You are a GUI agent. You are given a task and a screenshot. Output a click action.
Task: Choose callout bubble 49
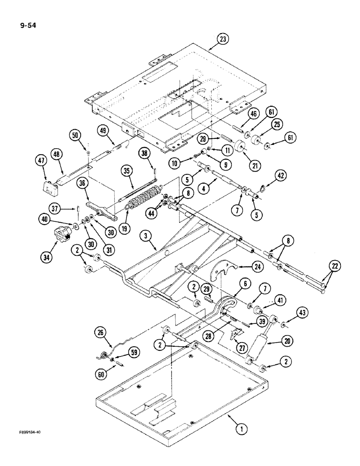(103, 130)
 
